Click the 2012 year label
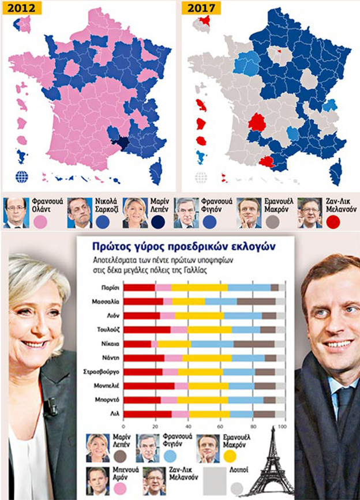(x=21, y=7)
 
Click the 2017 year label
(x=201, y=7)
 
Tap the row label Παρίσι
(x=110, y=287)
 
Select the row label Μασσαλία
(x=106, y=302)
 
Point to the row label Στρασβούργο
(x=102, y=372)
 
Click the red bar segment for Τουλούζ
(x=147, y=330)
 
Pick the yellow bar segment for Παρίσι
(x=200, y=287)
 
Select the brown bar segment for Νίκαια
(x=254, y=344)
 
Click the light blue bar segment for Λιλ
(x=242, y=414)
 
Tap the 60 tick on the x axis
(x=220, y=427)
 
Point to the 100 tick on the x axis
(x=282, y=427)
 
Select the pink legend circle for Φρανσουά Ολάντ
(x=40, y=222)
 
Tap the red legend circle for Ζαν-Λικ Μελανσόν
(x=333, y=222)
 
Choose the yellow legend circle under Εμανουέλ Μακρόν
(x=230, y=456)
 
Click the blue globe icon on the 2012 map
(x=22, y=176)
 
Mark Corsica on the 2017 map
(x=335, y=174)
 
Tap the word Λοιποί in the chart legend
(x=239, y=470)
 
